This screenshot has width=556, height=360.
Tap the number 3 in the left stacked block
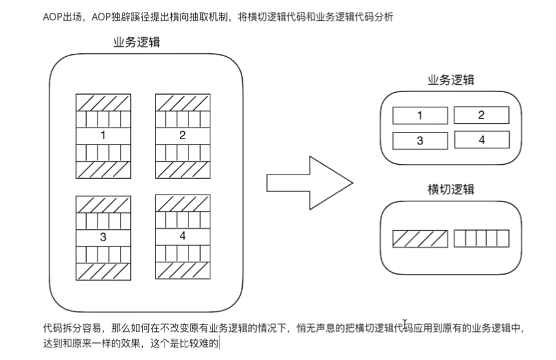[103, 236]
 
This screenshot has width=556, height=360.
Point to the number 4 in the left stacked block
[182, 236]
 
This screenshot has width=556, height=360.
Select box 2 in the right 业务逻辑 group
[481, 115]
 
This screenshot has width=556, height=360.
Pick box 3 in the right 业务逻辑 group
[419, 141]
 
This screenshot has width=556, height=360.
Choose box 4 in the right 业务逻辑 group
[481, 140]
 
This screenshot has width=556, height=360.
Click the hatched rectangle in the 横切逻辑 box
[419, 239]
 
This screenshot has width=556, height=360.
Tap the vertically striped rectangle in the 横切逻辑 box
[482, 239]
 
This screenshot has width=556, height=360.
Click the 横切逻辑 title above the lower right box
[451, 190]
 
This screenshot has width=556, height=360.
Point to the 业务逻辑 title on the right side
[451, 80]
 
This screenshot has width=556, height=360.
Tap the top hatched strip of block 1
[103, 102]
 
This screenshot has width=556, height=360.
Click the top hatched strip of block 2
[182, 102]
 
